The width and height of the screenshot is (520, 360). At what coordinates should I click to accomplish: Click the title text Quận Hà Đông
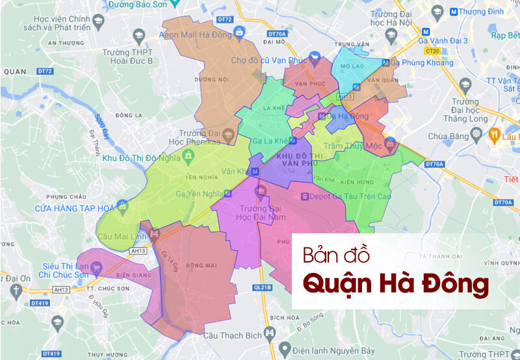coord(397,284)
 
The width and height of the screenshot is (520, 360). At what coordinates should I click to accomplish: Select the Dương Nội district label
coord(221,79)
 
